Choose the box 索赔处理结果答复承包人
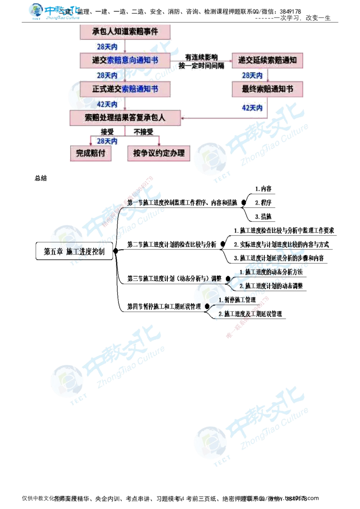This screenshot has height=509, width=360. coord(126,118)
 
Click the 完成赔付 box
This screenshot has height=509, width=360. coord(90,153)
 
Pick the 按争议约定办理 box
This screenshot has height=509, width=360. coord(159,153)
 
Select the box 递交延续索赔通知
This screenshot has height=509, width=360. coord(267,60)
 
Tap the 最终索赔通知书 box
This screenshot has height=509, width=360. coord(267,89)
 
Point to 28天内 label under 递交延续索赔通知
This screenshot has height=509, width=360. coord(252,75)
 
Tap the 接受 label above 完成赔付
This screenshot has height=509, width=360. coord(107,131)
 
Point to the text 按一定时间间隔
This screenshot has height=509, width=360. coord(202,66)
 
